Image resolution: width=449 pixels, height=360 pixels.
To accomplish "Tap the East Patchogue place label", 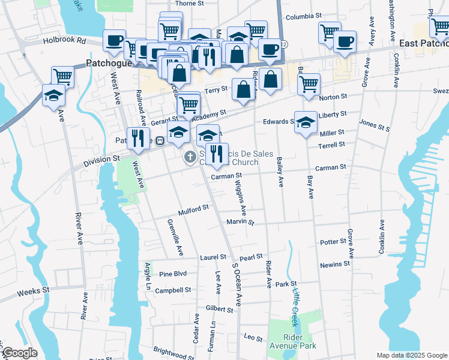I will tap(423, 43).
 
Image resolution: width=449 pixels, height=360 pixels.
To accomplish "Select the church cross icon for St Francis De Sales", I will tap(190, 158).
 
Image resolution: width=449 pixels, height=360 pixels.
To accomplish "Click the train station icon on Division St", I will tap(160, 141).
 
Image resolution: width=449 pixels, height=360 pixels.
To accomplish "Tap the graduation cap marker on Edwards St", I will tap(306, 122).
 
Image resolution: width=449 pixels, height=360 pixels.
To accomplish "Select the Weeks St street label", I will tap(33, 291).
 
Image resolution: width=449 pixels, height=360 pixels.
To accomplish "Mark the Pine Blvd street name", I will tap(173, 274).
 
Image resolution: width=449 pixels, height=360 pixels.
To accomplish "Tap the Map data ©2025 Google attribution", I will tap(412, 355).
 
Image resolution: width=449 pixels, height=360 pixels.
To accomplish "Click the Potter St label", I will tap(333, 242).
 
